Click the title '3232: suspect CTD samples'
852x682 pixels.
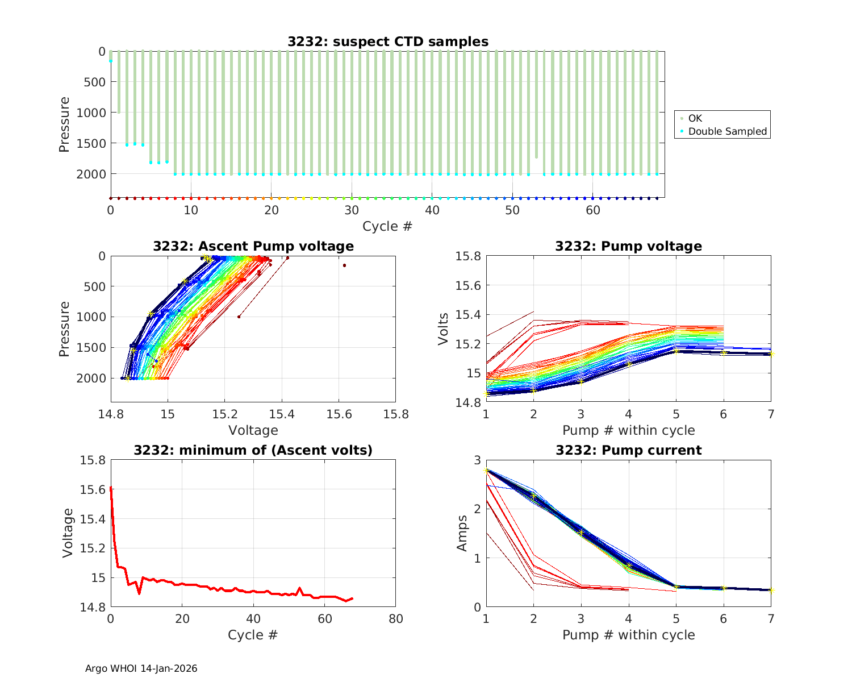[387, 41]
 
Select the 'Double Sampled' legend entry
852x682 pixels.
[728, 131]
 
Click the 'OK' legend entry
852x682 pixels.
[695, 118]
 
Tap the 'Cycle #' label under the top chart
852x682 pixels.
[387, 226]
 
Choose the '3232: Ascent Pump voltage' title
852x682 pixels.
[253, 246]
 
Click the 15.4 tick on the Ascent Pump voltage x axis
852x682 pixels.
[282, 414]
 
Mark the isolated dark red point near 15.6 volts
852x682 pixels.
[344, 265]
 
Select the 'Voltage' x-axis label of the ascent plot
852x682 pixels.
[253, 430]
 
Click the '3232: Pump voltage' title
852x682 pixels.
[628, 246]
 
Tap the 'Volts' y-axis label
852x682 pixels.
[444, 329]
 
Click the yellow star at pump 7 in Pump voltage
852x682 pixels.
[771, 354]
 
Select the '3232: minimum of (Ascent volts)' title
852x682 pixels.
[253, 451]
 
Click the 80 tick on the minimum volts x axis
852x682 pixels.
[395, 619]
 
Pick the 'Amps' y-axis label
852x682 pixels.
[463, 533]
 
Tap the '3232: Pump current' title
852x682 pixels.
[628, 451]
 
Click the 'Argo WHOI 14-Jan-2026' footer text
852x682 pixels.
[141, 669]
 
